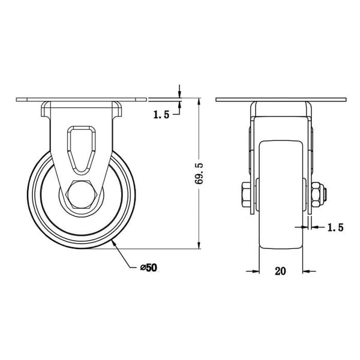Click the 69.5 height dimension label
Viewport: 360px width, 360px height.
[199, 173]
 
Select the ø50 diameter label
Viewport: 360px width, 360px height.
[149, 268]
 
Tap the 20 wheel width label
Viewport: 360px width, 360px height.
[280, 271]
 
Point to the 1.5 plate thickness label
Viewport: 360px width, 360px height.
[161, 115]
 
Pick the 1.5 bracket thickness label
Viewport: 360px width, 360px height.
[335, 227]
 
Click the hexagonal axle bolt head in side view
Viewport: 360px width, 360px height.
[82, 194]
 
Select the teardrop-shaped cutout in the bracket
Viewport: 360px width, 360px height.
[81, 149]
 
